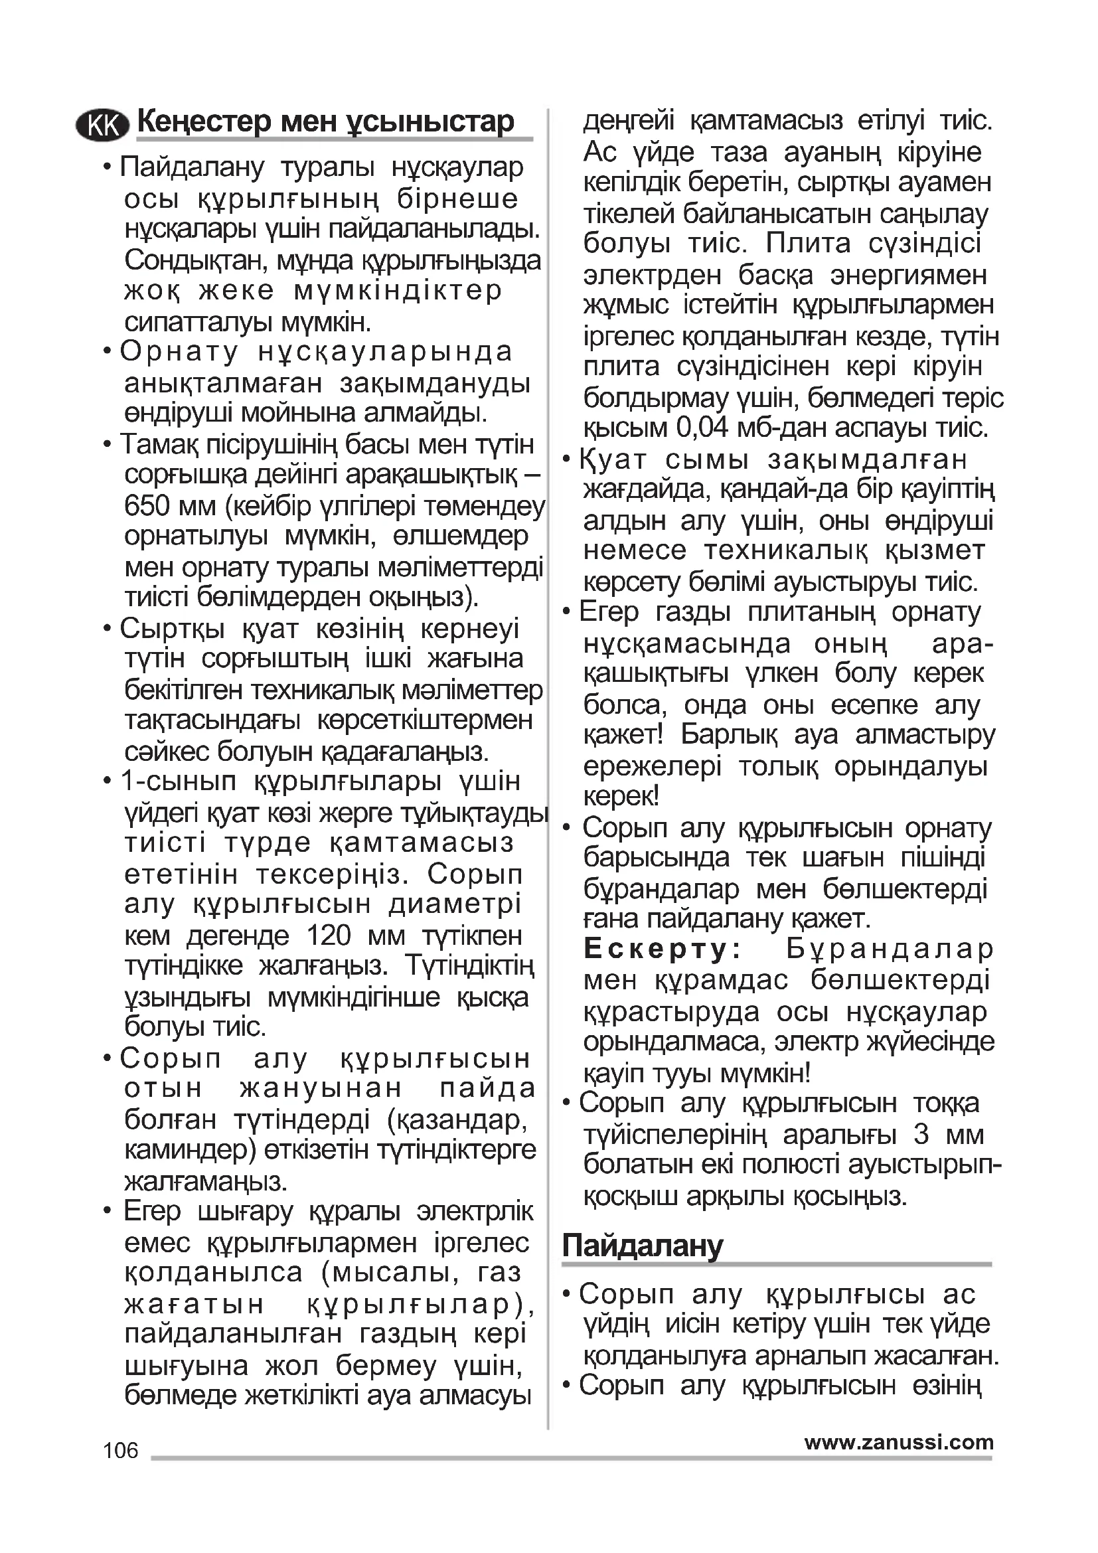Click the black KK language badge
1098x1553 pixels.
(x=103, y=125)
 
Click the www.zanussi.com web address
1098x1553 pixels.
(x=899, y=1443)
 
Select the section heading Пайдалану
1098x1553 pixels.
(x=643, y=1245)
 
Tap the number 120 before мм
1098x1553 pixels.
(x=329, y=936)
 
